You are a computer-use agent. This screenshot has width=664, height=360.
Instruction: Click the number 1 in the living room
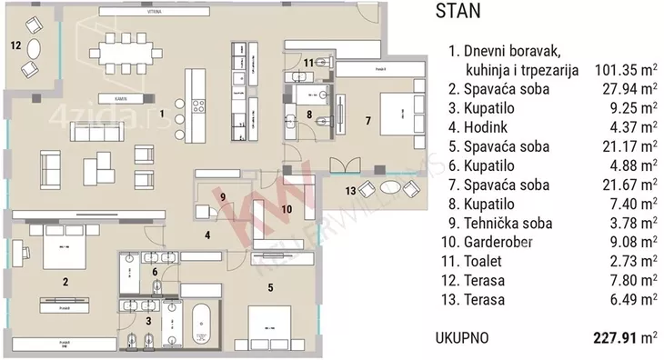coord(161,115)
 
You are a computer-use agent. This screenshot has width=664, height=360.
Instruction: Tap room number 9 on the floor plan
coord(222,196)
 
